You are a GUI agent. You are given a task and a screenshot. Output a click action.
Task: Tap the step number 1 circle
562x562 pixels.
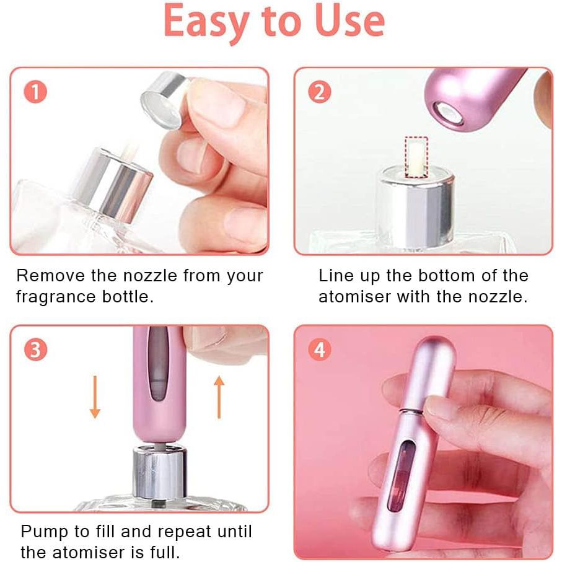click(35, 92)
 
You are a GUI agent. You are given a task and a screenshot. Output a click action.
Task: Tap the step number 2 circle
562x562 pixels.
click(319, 92)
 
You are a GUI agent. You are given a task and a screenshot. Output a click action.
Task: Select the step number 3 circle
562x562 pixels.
click(35, 349)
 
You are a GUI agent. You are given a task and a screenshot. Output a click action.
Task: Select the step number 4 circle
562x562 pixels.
click(319, 349)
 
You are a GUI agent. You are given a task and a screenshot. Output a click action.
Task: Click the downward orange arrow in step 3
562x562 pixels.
click(95, 397)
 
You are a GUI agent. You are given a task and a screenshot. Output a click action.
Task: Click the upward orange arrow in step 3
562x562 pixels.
click(219, 397)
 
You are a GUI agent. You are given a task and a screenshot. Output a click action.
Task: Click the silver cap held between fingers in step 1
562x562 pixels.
click(164, 100)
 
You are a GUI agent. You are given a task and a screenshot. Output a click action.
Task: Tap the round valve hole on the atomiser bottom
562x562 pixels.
click(448, 112)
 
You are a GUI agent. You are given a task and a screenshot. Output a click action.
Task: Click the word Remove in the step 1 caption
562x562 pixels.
click(51, 276)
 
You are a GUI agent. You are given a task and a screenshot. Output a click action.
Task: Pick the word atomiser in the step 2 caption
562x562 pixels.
click(354, 297)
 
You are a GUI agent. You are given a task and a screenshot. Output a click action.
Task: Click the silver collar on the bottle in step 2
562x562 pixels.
click(416, 207)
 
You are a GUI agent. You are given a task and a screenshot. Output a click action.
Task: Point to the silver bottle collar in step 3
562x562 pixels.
click(160, 472)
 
